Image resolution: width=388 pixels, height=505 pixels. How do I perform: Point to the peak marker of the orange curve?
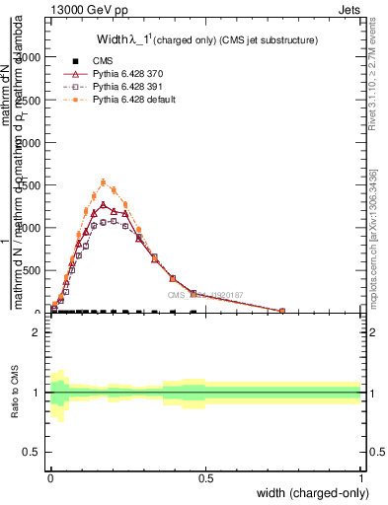pyautogui.click(x=104, y=182)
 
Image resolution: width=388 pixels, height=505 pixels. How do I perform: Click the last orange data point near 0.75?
pyautogui.click(x=282, y=311)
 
